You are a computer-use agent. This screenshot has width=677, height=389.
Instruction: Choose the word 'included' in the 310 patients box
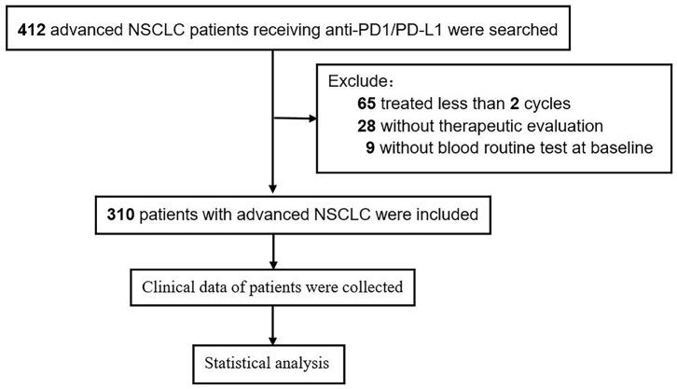pyautogui.click(x=445, y=215)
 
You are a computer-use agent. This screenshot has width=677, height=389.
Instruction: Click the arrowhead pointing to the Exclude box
pyautogui.click(x=311, y=118)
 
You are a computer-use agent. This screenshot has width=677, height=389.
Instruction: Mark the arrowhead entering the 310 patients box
pyautogui.click(x=272, y=191)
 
